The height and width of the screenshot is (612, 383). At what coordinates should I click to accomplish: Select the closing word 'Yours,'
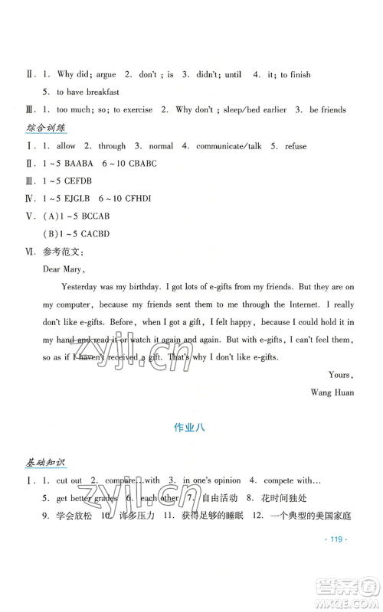(x=340, y=375)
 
